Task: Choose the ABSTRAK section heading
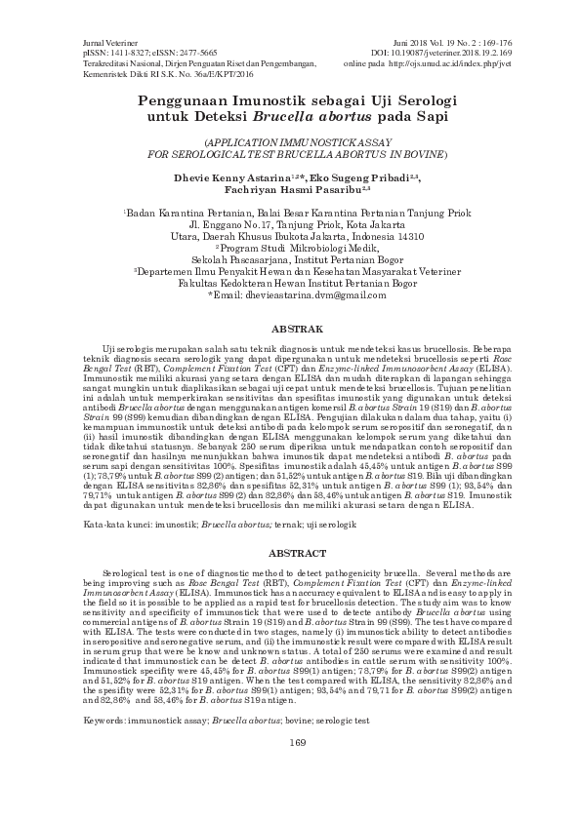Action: [x=290, y=332]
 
